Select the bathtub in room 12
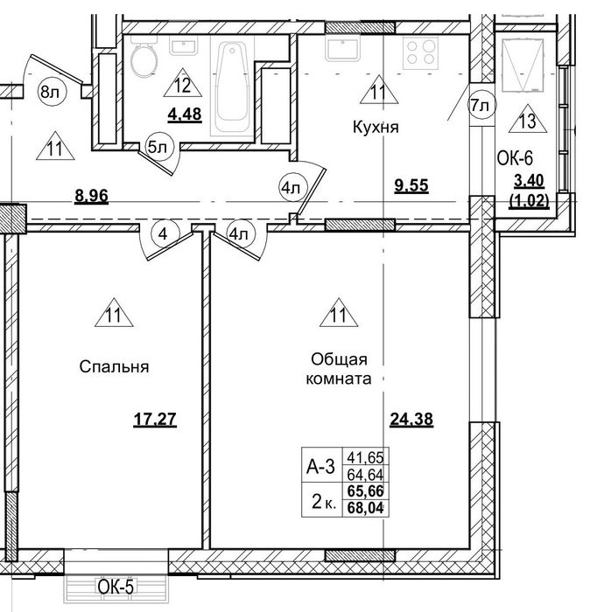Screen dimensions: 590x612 (233, 86)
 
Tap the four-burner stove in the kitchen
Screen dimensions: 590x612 (420, 53)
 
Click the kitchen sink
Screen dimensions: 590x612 (342, 49)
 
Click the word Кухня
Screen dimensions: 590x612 (376, 128)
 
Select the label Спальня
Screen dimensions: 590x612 (114, 367)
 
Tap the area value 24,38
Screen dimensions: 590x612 (411, 420)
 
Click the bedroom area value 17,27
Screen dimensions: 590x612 (155, 420)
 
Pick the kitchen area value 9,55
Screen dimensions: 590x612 (411, 185)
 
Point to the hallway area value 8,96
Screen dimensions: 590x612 (91, 196)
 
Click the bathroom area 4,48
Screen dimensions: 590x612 (185, 115)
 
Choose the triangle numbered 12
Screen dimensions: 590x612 (182, 84)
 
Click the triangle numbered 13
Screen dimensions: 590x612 (528, 119)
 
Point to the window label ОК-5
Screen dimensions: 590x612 (116, 587)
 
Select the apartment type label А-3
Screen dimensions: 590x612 (320, 466)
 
